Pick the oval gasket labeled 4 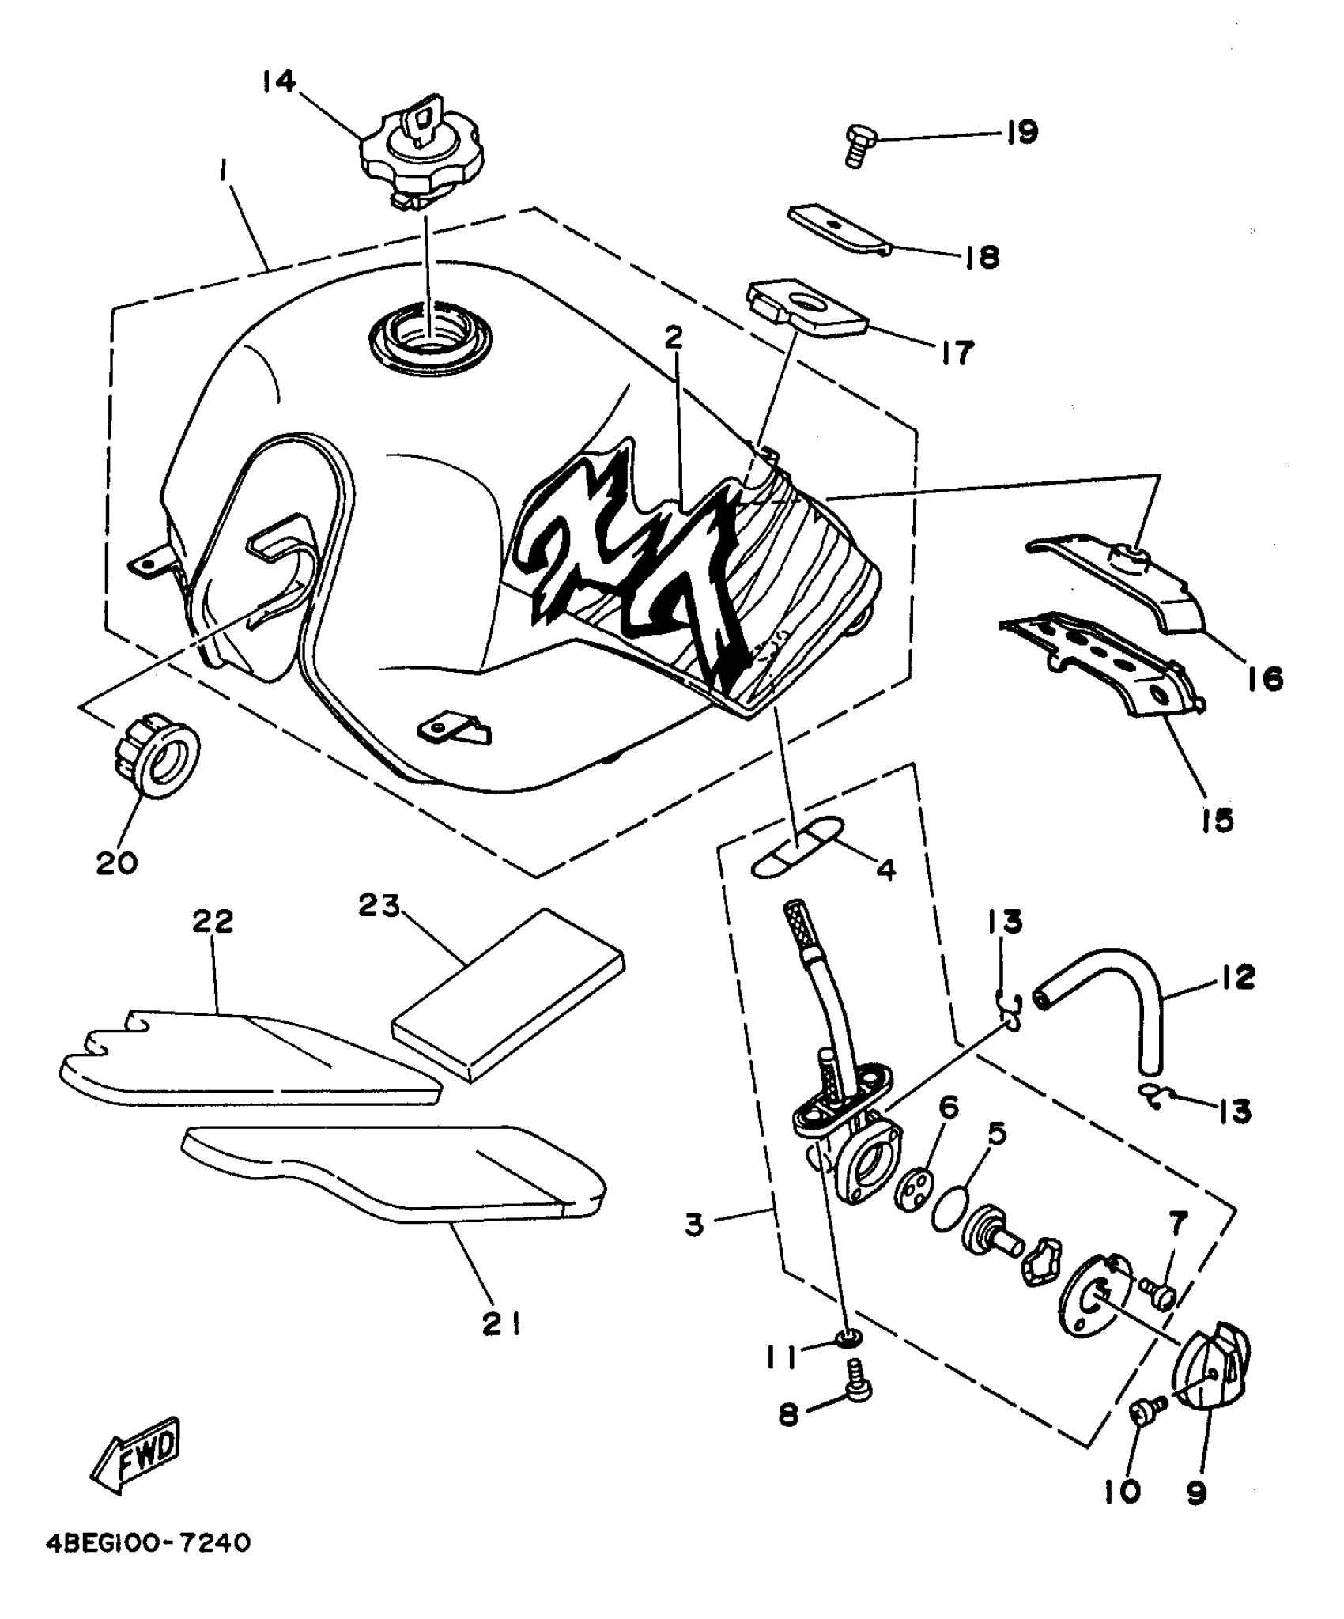point(795,847)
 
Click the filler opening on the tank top point(429,336)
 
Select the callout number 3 point(694,1226)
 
